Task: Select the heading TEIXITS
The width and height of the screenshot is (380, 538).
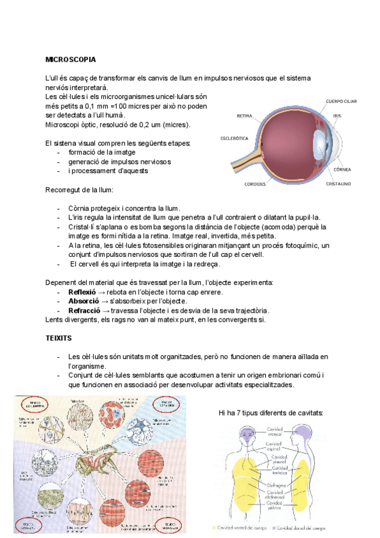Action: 59,340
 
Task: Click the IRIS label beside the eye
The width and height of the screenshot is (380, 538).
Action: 338,116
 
